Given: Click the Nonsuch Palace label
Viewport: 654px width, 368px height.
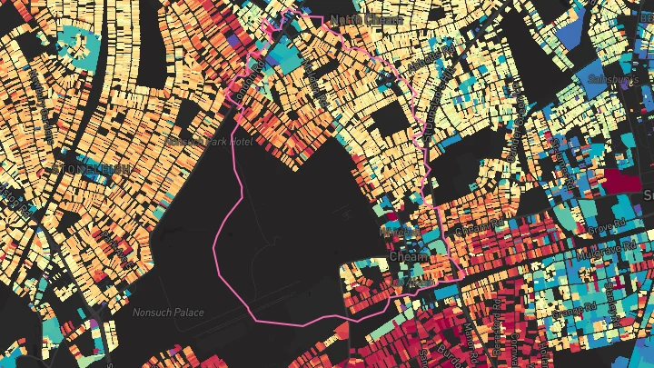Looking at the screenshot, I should pos(168,313).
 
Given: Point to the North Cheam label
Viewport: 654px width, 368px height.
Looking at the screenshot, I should pos(354,18).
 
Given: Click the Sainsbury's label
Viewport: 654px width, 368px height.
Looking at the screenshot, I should pos(615,80).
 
